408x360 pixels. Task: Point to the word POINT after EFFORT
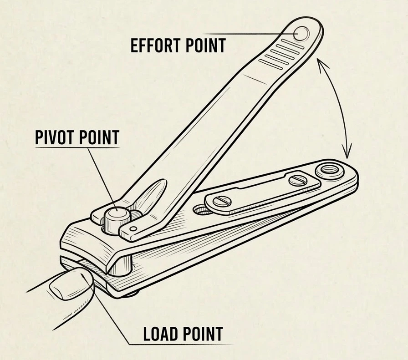click(x=204, y=46)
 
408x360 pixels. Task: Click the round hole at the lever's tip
click(x=301, y=33)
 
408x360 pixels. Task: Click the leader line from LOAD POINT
click(x=114, y=324)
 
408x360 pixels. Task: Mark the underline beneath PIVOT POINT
click(x=77, y=147)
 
